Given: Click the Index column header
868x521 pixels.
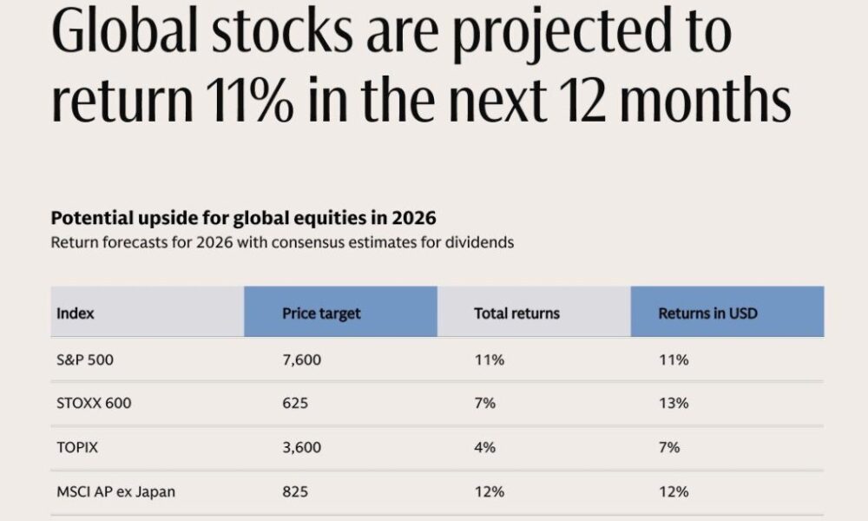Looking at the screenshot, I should [x=76, y=313].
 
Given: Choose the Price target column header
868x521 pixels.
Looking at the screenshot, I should [x=321, y=313].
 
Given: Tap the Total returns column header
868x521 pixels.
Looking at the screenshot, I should [x=517, y=313].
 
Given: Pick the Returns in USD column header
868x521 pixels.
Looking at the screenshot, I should [x=707, y=313].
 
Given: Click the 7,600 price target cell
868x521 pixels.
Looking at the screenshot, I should [x=301, y=359].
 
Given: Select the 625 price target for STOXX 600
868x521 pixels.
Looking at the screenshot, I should [x=295, y=404].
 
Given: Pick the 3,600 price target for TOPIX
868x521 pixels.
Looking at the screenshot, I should [x=301, y=447].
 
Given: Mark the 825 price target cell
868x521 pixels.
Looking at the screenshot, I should [x=295, y=491].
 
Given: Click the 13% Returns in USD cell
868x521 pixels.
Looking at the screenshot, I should [x=674, y=404].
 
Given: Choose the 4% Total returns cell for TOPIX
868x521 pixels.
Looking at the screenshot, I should [x=484, y=447].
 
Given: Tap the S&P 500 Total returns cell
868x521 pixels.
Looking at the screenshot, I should [x=489, y=359].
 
